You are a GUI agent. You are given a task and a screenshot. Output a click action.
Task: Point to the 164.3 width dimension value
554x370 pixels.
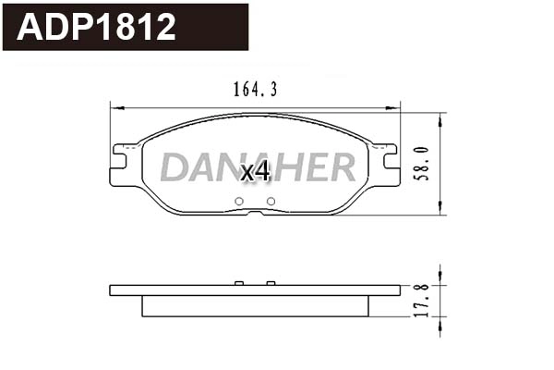click(x=248, y=90)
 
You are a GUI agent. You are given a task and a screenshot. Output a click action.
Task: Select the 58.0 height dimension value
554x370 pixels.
click(x=421, y=164)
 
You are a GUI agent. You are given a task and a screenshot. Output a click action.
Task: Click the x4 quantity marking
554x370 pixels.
click(x=254, y=172)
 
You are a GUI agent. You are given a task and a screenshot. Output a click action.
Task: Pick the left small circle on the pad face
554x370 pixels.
click(x=238, y=202)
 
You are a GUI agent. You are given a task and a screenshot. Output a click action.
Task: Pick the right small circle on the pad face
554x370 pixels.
click(x=271, y=202)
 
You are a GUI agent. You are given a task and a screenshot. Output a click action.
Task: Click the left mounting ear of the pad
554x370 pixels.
click(x=124, y=159)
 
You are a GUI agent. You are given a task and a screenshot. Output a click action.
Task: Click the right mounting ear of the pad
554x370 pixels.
click(x=386, y=159)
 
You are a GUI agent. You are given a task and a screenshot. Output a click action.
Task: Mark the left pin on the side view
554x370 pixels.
click(x=238, y=282)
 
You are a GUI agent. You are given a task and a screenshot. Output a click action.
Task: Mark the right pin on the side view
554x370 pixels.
click(x=271, y=282)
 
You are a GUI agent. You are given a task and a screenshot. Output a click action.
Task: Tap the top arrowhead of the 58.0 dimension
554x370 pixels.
click(x=442, y=117)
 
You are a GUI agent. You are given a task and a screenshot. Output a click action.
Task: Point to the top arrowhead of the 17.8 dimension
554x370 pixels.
click(x=442, y=270)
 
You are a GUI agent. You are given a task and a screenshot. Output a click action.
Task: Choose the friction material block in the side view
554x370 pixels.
click(x=255, y=306)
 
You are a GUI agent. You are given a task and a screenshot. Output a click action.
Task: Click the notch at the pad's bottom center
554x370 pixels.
click(x=255, y=212)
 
